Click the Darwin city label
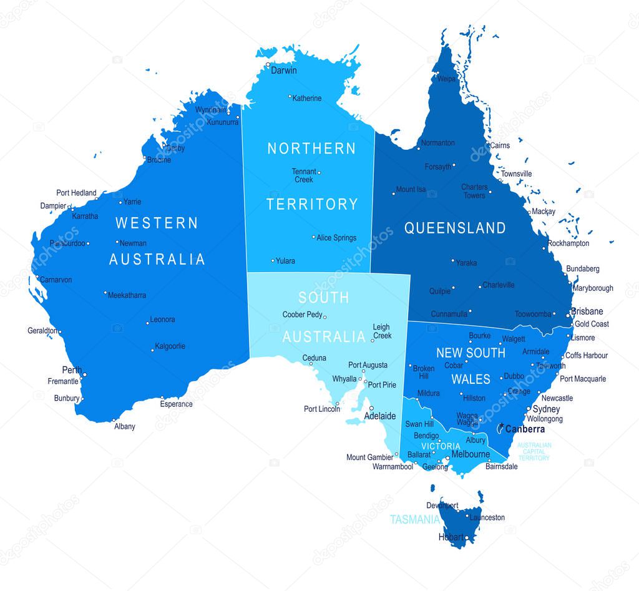click(284, 71)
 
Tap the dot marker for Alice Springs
click(314, 237)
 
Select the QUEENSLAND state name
click(455, 228)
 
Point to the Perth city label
click(72, 370)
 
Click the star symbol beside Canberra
click(501, 426)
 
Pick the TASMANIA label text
click(413, 519)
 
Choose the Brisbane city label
click(588, 311)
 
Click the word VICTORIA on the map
click(441, 446)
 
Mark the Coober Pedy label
click(302, 315)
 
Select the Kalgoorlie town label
click(170, 346)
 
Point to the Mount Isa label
click(411, 190)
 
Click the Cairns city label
click(500, 145)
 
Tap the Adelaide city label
click(379, 416)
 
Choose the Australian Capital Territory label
click(534, 452)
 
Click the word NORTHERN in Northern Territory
click(311, 149)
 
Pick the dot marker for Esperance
click(162, 398)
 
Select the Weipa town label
click(446, 79)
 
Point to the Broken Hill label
click(424, 372)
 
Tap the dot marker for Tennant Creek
click(319, 172)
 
